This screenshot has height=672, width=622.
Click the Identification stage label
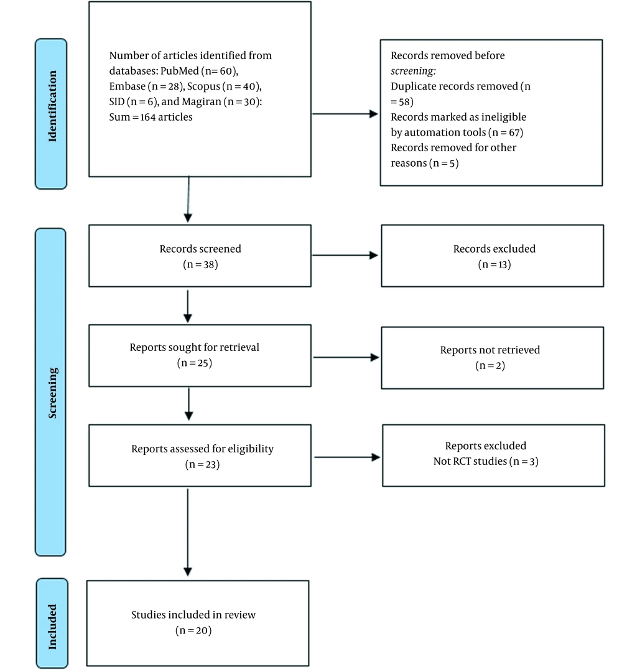point(52,106)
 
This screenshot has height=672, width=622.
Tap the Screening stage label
point(52,393)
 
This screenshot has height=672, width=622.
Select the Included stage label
point(52,627)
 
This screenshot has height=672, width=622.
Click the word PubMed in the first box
point(180,71)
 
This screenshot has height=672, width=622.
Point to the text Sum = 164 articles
point(151,117)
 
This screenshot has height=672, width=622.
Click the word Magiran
point(202,102)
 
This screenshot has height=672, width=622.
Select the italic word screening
point(413,71)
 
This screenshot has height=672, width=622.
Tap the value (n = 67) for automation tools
point(506,133)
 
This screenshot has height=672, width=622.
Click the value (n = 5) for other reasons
point(443,163)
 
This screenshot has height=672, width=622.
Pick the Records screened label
point(200,249)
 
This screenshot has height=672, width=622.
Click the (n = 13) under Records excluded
point(494,264)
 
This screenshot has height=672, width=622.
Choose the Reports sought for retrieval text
point(195,347)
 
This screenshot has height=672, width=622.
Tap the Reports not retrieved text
point(490,350)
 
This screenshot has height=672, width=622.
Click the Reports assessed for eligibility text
point(202,449)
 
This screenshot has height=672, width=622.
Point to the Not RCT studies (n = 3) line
point(486,461)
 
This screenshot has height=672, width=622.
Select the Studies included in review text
point(193,615)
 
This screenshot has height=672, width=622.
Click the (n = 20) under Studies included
point(193,630)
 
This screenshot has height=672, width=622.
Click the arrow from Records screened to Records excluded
point(345,256)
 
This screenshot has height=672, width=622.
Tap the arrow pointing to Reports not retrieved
point(346,357)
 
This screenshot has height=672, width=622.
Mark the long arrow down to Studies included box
point(188,532)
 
